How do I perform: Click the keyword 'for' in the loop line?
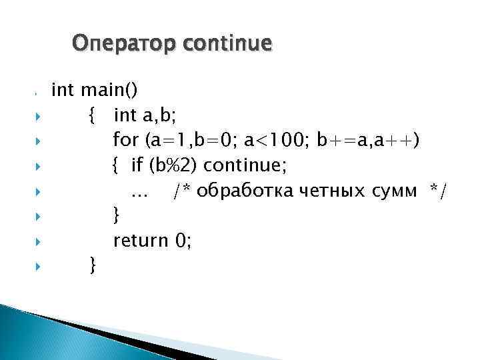click(125, 141)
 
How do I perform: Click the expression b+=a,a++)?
click(369, 141)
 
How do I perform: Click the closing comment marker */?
click(439, 191)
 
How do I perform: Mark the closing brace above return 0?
click(117, 216)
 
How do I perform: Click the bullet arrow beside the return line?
click(37, 241)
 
